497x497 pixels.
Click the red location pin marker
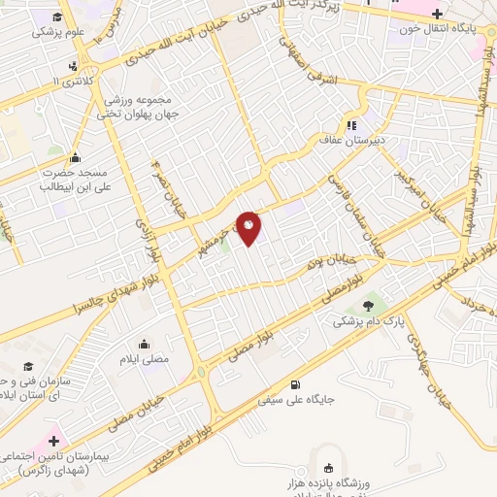pos(249,227)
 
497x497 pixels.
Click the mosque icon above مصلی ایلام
pos(145,343)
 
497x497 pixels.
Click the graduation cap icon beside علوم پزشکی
pos(59,17)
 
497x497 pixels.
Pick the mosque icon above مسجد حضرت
pos(76,158)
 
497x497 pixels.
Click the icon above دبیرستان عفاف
pos(351,124)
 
